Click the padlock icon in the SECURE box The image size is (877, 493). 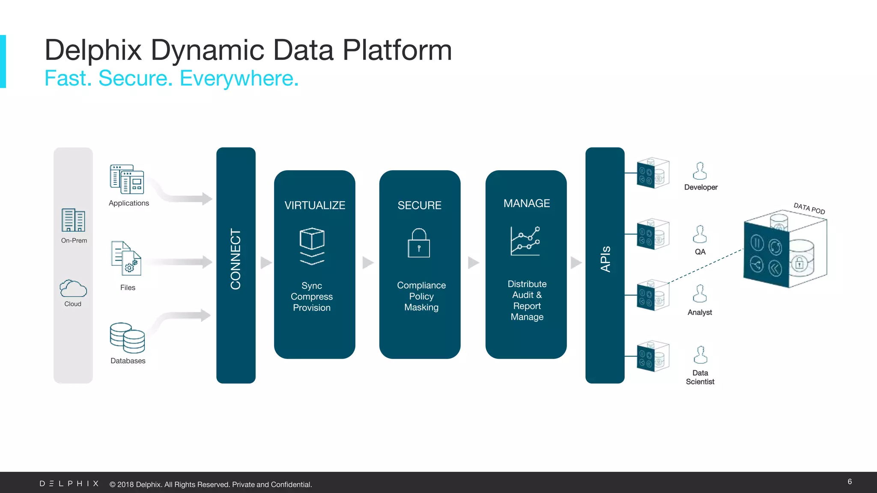point(419,243)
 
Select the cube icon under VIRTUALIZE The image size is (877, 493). point(312,246)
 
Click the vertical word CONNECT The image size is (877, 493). point(236,259)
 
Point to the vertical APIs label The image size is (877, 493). point(605,259)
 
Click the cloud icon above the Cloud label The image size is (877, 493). point(73,288)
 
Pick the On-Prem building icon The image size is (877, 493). point(73,220)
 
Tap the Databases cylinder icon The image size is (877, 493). point(127,338)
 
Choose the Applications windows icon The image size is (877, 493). point(127,179)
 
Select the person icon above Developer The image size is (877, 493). point(700,171)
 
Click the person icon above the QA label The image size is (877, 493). point(700,235)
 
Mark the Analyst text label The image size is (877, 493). point(700,312)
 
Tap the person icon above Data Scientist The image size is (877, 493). point(700,355)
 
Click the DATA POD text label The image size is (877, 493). point(809,208)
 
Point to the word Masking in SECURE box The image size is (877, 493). point(421,307)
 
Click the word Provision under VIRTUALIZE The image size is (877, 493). point(312,308)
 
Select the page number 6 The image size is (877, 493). point(850,482)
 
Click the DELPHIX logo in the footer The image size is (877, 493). point(69,484)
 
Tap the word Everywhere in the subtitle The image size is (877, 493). point(239,78)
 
